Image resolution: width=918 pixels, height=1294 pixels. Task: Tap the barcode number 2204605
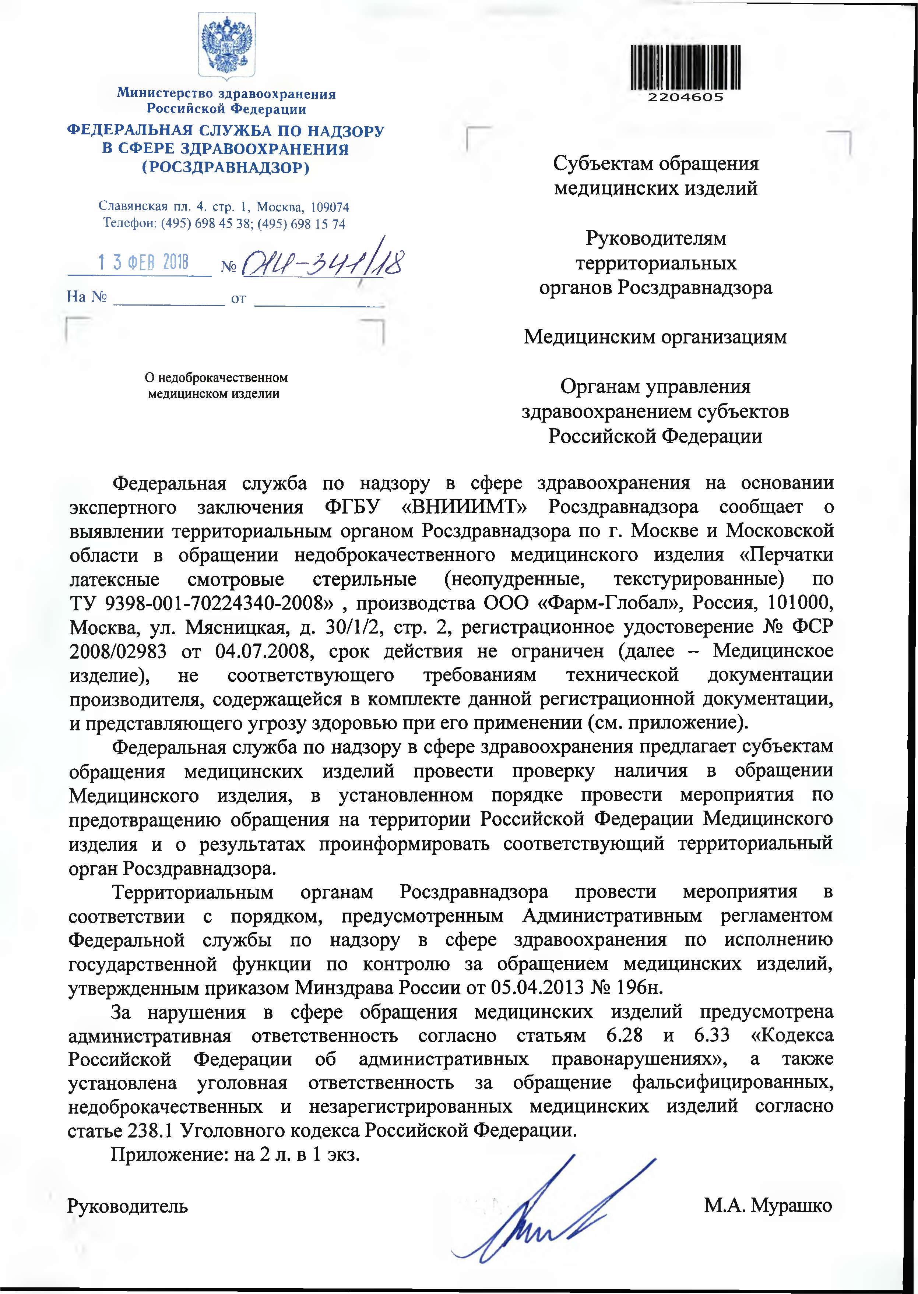tap(685, 97)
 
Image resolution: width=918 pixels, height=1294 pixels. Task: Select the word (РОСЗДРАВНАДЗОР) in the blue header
tap(226, 168)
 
